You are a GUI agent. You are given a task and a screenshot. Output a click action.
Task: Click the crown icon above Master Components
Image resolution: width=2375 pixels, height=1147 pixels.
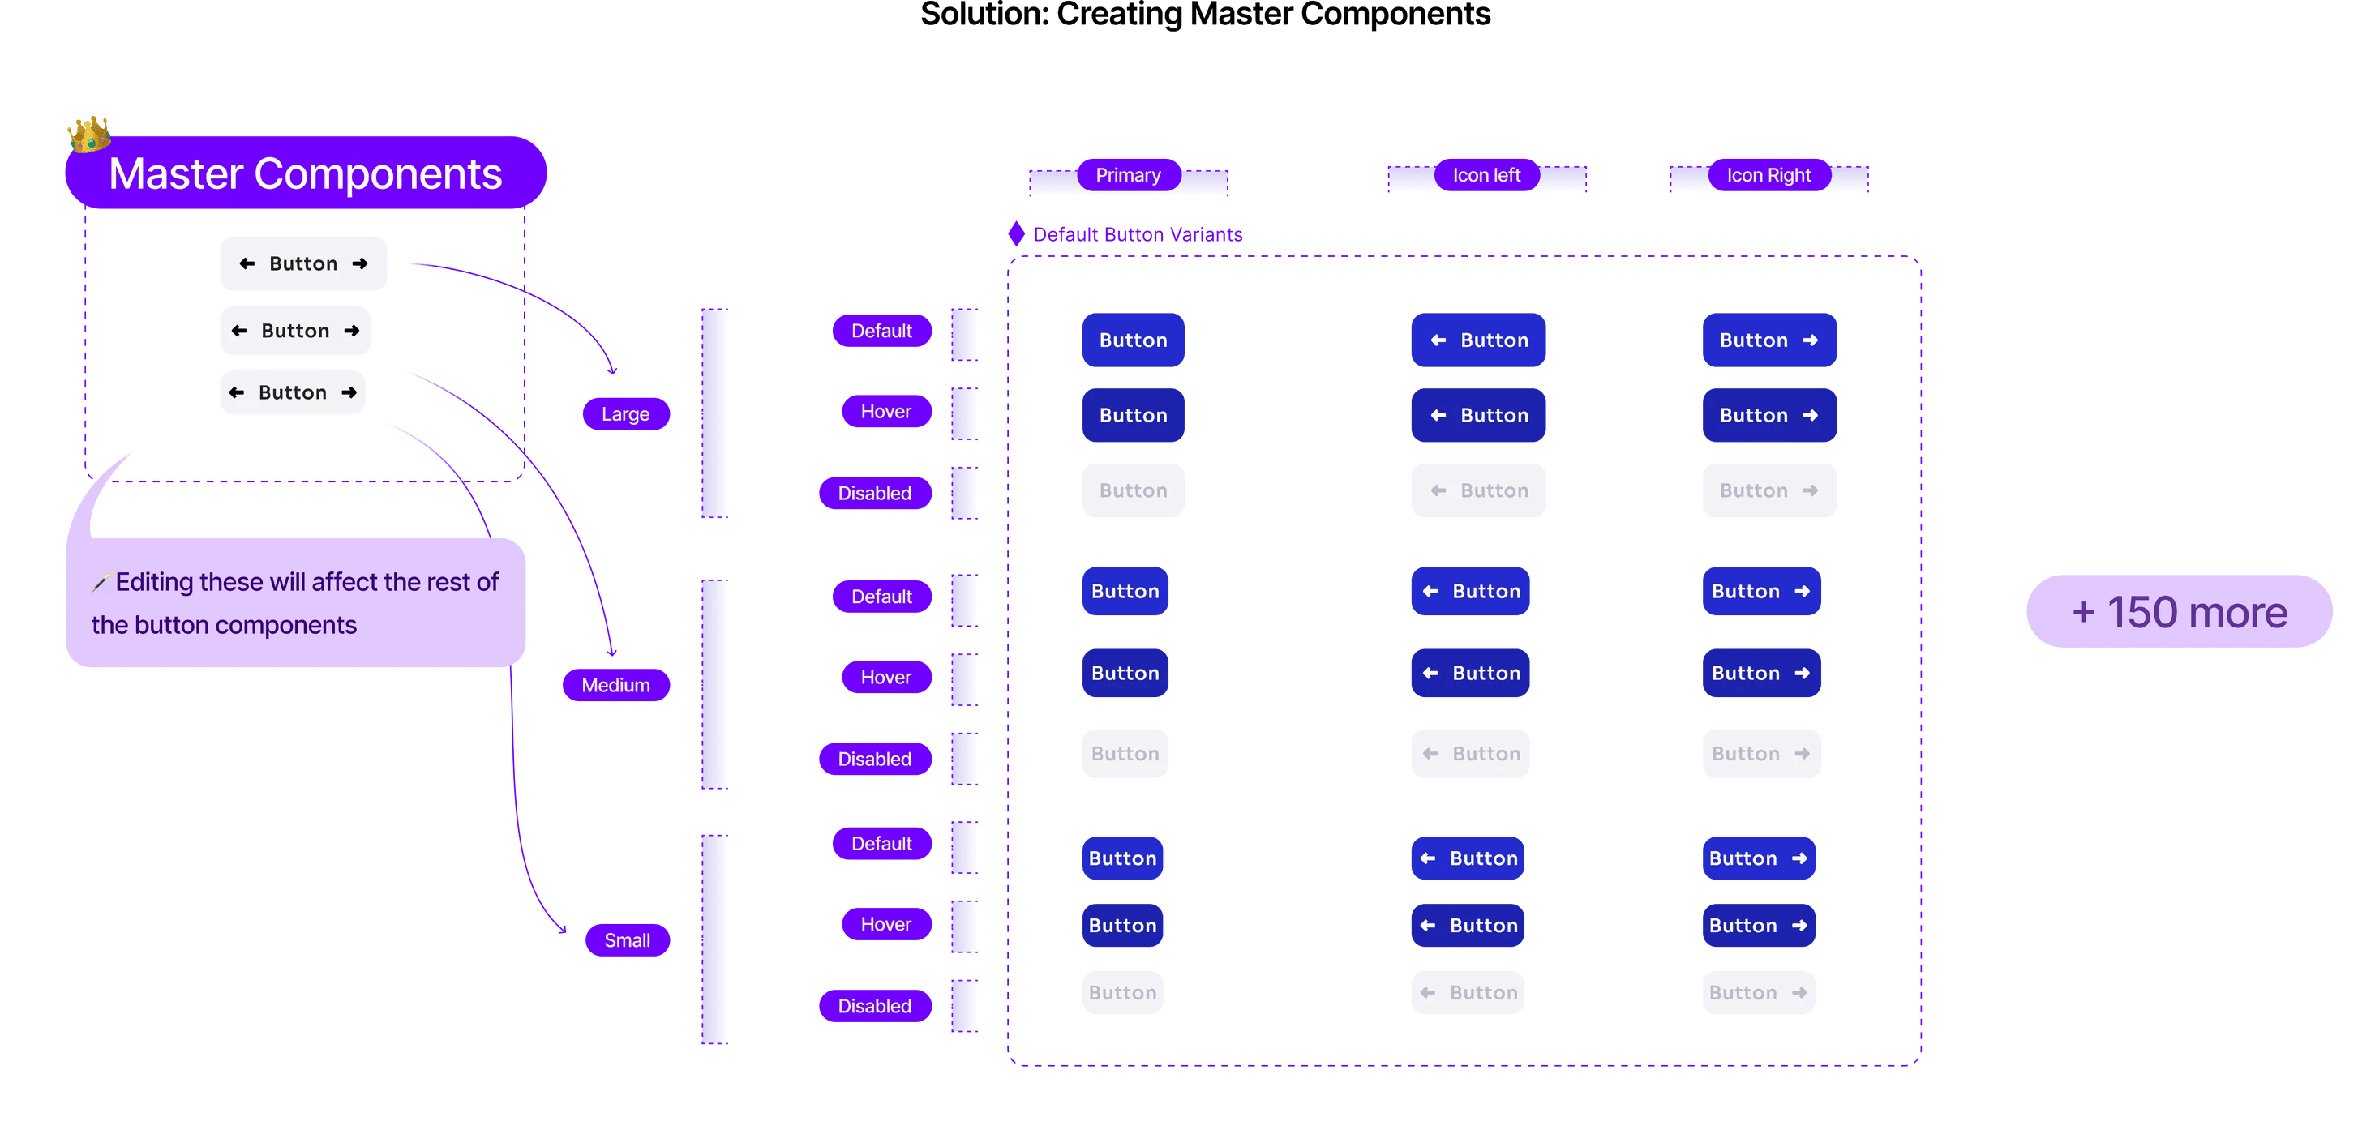tap(88, 135)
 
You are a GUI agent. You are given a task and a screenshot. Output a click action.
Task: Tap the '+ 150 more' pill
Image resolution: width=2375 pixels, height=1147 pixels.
tap(2178, 611)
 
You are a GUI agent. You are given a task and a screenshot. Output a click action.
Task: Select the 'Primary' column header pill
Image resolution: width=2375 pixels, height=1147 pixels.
tap(1128, 175)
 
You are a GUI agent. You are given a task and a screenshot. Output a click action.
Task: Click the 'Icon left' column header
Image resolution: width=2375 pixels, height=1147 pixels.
tap(1486, 175)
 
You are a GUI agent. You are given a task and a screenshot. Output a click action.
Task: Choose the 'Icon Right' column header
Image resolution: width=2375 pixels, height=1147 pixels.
tap(1768, 175)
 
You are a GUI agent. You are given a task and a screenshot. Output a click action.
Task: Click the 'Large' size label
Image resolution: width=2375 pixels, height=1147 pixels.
tap(625, 414)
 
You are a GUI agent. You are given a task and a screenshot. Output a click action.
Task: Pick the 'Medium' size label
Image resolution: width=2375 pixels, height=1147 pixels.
tap(615, 685)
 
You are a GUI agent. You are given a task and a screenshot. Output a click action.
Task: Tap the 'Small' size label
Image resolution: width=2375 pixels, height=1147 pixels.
tap(627, 940)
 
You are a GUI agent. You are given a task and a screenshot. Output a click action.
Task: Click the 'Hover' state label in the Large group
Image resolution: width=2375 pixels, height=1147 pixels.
tap(885, 411)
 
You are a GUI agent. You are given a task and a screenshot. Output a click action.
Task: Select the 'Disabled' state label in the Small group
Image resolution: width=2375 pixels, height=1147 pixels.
tap(874, 1006)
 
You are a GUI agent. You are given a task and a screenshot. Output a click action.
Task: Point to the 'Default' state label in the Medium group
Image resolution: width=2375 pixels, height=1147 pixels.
tap(881, 597)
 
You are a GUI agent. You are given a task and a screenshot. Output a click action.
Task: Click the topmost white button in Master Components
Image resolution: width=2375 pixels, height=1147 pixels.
tap(303, 263)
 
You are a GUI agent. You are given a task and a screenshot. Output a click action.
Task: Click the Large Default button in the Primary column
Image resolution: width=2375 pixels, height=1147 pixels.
tap(1132, 340)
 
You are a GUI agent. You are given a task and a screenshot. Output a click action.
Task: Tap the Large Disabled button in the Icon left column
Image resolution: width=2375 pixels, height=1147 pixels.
tap(1477, 490)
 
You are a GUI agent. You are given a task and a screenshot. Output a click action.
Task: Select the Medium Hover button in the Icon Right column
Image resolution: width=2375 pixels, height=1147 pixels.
tap(1760, 673)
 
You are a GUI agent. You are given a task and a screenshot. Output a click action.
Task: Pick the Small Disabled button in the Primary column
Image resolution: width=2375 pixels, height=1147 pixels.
tap(1122, 993)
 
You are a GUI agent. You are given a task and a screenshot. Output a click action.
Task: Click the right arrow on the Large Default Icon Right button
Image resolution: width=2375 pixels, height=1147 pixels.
tap(1810, 340)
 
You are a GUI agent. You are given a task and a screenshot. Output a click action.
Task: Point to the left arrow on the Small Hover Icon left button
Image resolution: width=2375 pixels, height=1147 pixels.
tap(1427, 926)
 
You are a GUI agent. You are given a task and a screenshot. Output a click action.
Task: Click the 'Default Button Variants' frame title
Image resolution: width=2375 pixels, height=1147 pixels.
tap(1137, 234)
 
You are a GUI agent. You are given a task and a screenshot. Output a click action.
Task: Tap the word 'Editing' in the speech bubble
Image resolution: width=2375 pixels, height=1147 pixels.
tap(154, 582)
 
